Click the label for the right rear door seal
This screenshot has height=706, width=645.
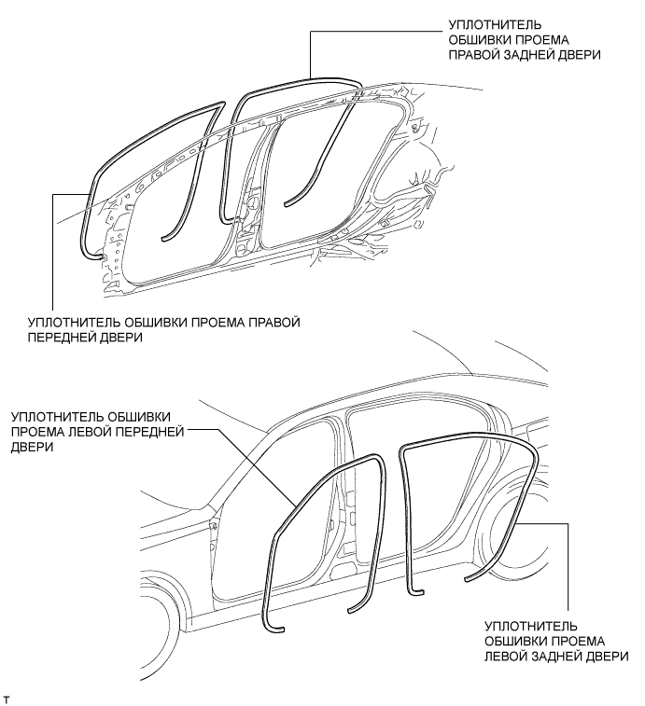525,39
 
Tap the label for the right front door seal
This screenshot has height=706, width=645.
163,329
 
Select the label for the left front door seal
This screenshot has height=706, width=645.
97,432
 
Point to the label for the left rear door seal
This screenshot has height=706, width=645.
556,641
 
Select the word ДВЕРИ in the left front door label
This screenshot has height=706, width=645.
32,447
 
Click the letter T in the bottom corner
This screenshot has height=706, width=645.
6,699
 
